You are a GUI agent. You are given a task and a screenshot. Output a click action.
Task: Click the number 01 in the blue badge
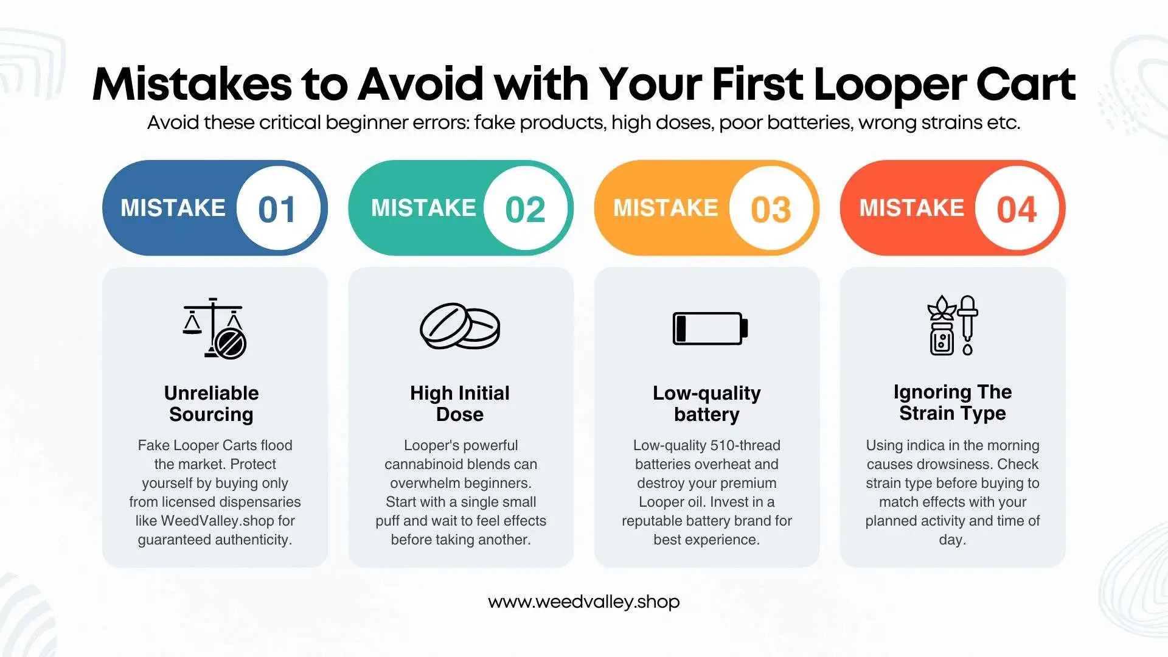coord(277,209)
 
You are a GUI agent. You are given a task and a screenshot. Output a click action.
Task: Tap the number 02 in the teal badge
coord(525,209)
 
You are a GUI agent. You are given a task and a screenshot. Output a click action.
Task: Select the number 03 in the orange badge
coord(771,209)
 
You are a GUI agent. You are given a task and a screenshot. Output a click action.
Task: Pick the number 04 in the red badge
coord(1017,209)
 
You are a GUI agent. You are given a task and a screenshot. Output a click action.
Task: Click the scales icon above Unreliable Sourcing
coord(214,328)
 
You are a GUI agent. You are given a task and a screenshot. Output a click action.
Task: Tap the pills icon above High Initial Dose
coord(460,327)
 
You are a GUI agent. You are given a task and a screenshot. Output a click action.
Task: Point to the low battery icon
coord(709,328)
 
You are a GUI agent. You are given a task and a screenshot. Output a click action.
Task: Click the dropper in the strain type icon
coord(967,324)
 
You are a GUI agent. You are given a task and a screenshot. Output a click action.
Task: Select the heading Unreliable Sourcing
coord(211,403)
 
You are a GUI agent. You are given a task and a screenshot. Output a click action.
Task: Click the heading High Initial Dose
coord(460,403)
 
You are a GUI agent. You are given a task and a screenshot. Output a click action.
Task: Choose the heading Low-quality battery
coord(706,403)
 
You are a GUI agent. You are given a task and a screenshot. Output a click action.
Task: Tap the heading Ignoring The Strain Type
coord(952,402)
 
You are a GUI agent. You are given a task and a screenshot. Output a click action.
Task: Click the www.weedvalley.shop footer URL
coord(583,602)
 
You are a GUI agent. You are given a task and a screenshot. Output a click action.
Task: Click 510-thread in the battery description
coord(745,445)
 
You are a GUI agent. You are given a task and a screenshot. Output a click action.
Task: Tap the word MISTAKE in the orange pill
coord(666,208)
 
